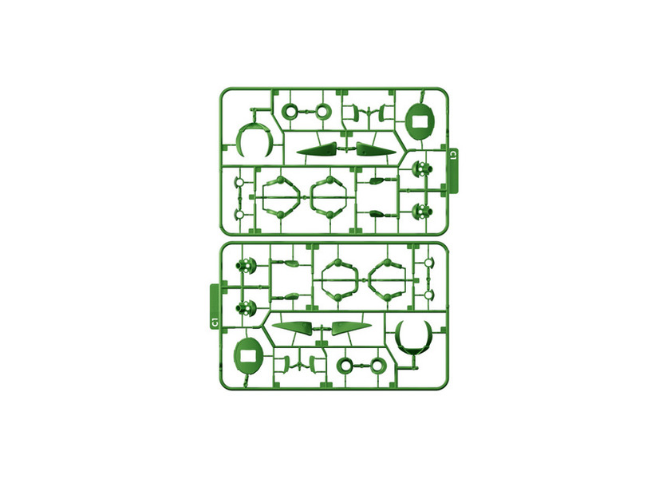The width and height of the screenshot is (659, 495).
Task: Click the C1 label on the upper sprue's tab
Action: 452,156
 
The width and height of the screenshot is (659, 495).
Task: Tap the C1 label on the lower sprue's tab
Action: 215,323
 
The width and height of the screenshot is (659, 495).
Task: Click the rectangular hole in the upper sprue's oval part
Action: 420,121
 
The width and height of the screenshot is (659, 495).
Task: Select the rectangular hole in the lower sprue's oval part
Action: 247,357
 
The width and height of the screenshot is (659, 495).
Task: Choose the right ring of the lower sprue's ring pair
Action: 377,366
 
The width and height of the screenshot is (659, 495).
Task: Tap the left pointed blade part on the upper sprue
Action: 317,149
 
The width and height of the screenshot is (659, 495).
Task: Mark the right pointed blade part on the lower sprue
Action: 351,328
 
